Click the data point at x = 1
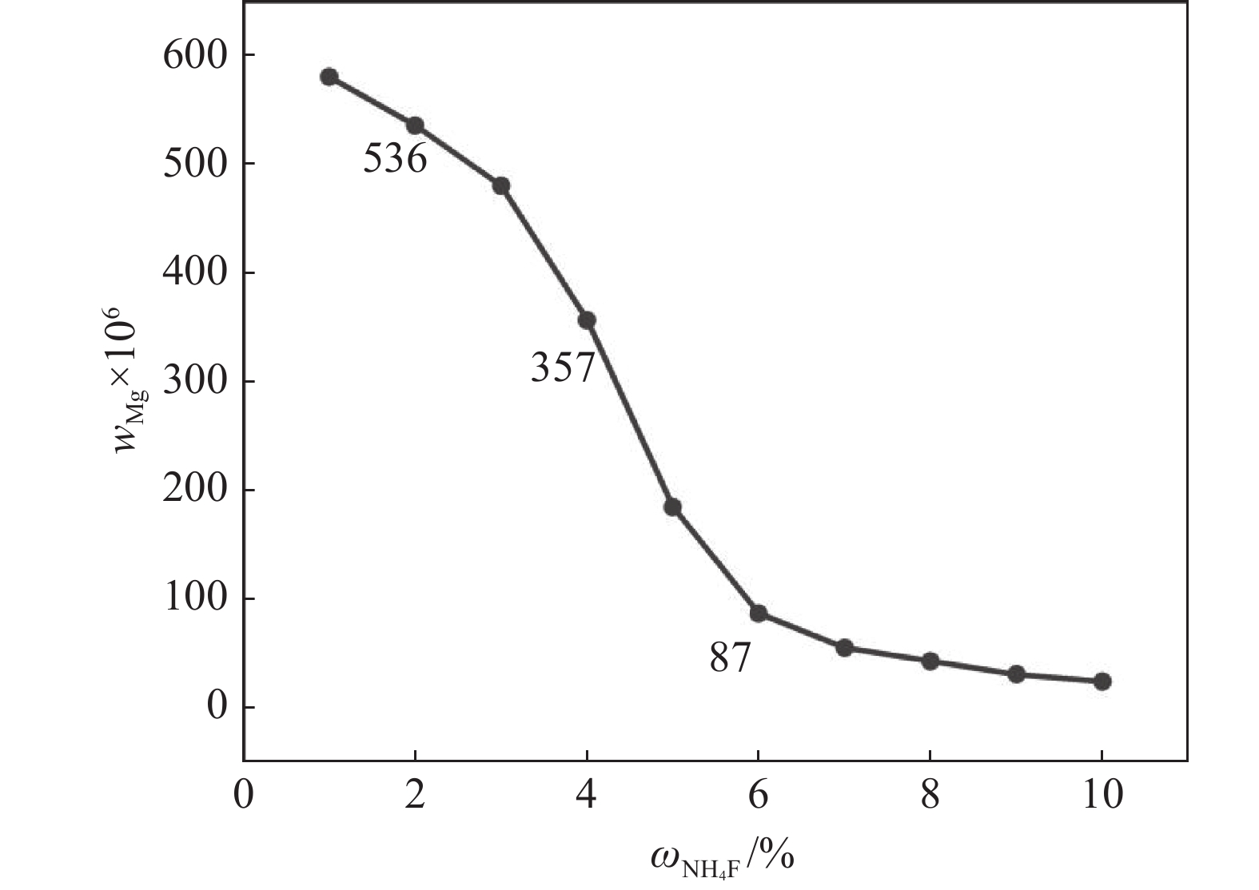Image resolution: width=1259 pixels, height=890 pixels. pyautogui.click(x=329, y=77)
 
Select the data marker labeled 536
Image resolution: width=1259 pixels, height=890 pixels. pyautogui.click(x=415, y=125)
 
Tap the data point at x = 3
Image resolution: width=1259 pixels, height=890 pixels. pyautogui.click(x=501, y=186)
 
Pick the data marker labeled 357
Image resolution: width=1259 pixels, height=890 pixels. pyautogui.click(x=587, y=320)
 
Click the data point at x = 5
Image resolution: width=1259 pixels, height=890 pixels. pyautogui.click(x=672, y=507)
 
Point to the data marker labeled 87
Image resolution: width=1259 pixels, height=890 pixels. pyautogui.click(x=758, y=614)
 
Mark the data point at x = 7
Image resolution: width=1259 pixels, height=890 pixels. pyautogui.click(x=844, y=648)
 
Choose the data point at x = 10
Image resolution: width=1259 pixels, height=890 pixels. pyautogui.click(x=1102, y=681)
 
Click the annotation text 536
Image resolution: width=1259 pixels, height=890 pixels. pyautogui.click(x=395, y=159)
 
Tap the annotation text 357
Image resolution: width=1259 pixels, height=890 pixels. pyautogui.click(x=563, y=368)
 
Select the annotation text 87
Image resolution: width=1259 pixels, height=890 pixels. pyautogui.click(x=730, y=659)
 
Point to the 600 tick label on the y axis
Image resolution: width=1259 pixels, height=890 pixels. pyautogui.click(x=194, y=55)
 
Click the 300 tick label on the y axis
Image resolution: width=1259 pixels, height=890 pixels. pyautogui.click(x=194, y=382)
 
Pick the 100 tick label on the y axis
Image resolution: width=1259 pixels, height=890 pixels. pyautogui.click(x=194, y=599)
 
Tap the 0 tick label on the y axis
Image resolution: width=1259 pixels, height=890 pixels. pyautogui.click(x=217, y=708)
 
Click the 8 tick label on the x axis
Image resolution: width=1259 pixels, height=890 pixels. pyautogui.click(x=930, y=796)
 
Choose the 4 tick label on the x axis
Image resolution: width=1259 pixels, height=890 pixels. pyautogui.click(x=587, y=796)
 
